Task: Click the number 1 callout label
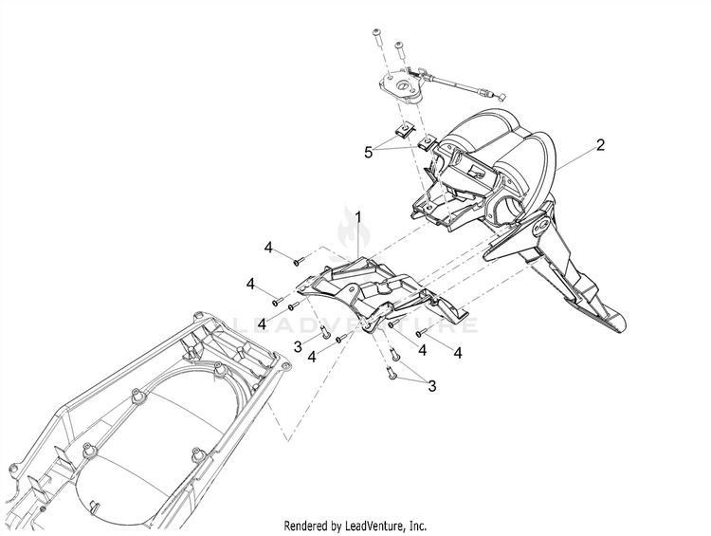coord(359,217)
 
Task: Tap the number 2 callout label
coord(599,145)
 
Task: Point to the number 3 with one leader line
coord(298,347)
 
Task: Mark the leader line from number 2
coord(574,156)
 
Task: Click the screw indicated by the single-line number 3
coord(324,332)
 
